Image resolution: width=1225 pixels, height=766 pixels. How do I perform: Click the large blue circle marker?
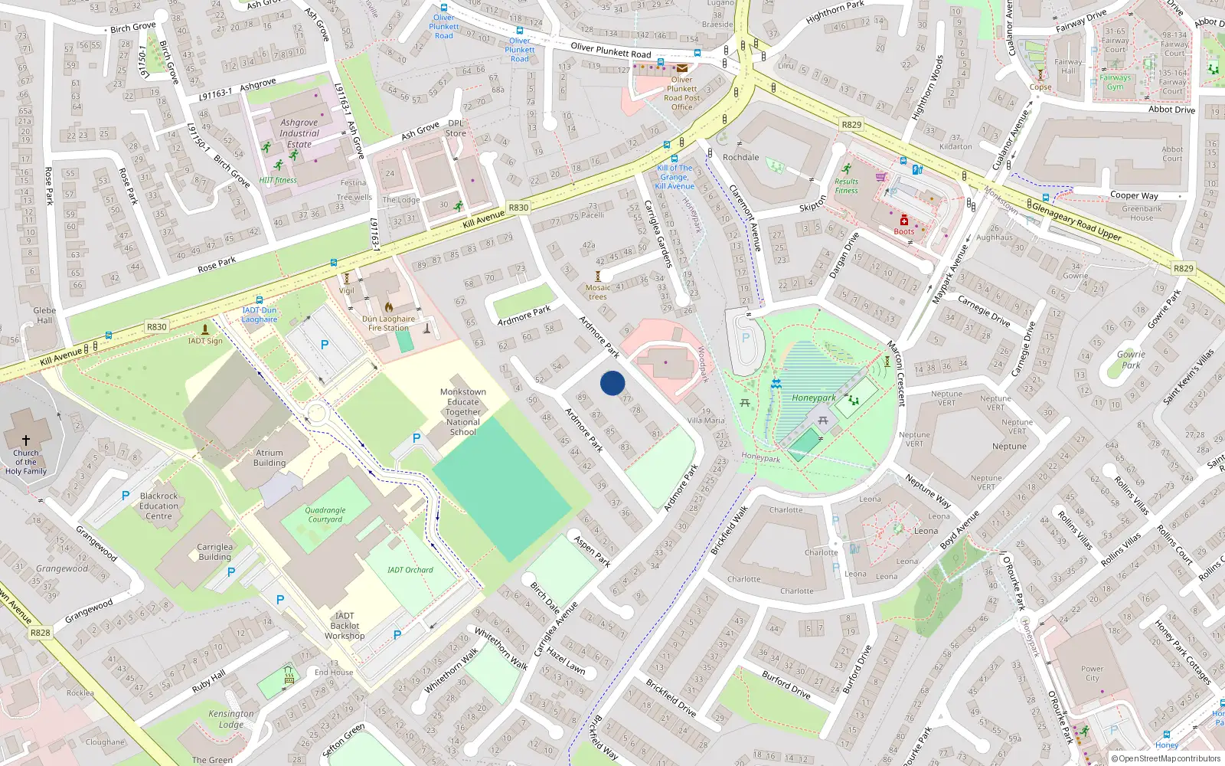click(x=612, y=383)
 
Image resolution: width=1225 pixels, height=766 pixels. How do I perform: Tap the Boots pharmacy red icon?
click(x=904, y=221)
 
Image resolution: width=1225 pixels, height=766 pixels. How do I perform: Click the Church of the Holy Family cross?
click(x=25, y=440)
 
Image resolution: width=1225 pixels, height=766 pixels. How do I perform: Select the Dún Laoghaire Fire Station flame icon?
click(x=389, y=307)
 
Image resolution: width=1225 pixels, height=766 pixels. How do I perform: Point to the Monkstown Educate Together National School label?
click(x=463, y=412)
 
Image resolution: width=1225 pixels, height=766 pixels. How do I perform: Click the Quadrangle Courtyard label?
click(x=325, y=515)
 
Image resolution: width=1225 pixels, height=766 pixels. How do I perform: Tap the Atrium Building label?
click(x=269, y=458)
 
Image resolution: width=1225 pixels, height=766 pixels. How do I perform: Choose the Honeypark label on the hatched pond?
click(x=814, y=398)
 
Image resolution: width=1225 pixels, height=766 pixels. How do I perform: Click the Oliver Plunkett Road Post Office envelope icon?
click(x=681, y=68)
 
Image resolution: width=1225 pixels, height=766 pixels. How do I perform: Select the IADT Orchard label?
click(x=410, y=570)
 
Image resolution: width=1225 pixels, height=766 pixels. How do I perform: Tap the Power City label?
click(x=1093, y=673)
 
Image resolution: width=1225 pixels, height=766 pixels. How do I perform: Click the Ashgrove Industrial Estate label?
click(x=299, y=133)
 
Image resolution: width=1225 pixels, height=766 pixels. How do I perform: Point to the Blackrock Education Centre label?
click(x=159, y=506)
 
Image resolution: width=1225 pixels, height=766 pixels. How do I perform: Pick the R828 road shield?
click(x=40, y=633)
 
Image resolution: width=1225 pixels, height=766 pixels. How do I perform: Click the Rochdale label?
click(x=741, y=157)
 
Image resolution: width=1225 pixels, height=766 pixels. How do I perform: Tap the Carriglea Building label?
click(x=215, y=552)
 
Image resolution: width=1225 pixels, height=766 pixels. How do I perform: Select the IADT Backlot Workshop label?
click(x=345, y=626)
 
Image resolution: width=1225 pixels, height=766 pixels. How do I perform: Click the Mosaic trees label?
click(x=598, y=292)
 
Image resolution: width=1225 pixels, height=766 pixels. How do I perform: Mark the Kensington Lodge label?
click(x=231, y=719)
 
